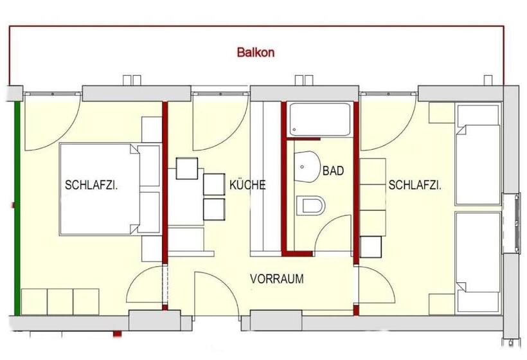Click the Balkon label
pos(255,53)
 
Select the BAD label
pos(333,171)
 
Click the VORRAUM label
pos(276,280)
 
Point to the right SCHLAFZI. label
pos(415,186)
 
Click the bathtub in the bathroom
pos(319,119)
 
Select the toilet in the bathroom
pos(311,206)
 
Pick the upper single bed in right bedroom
pos(478,154)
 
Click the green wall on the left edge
pos(17,206)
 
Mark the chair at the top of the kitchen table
pos(187,168)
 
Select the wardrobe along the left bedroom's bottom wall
pos(60,301)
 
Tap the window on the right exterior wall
pos(515,222)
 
